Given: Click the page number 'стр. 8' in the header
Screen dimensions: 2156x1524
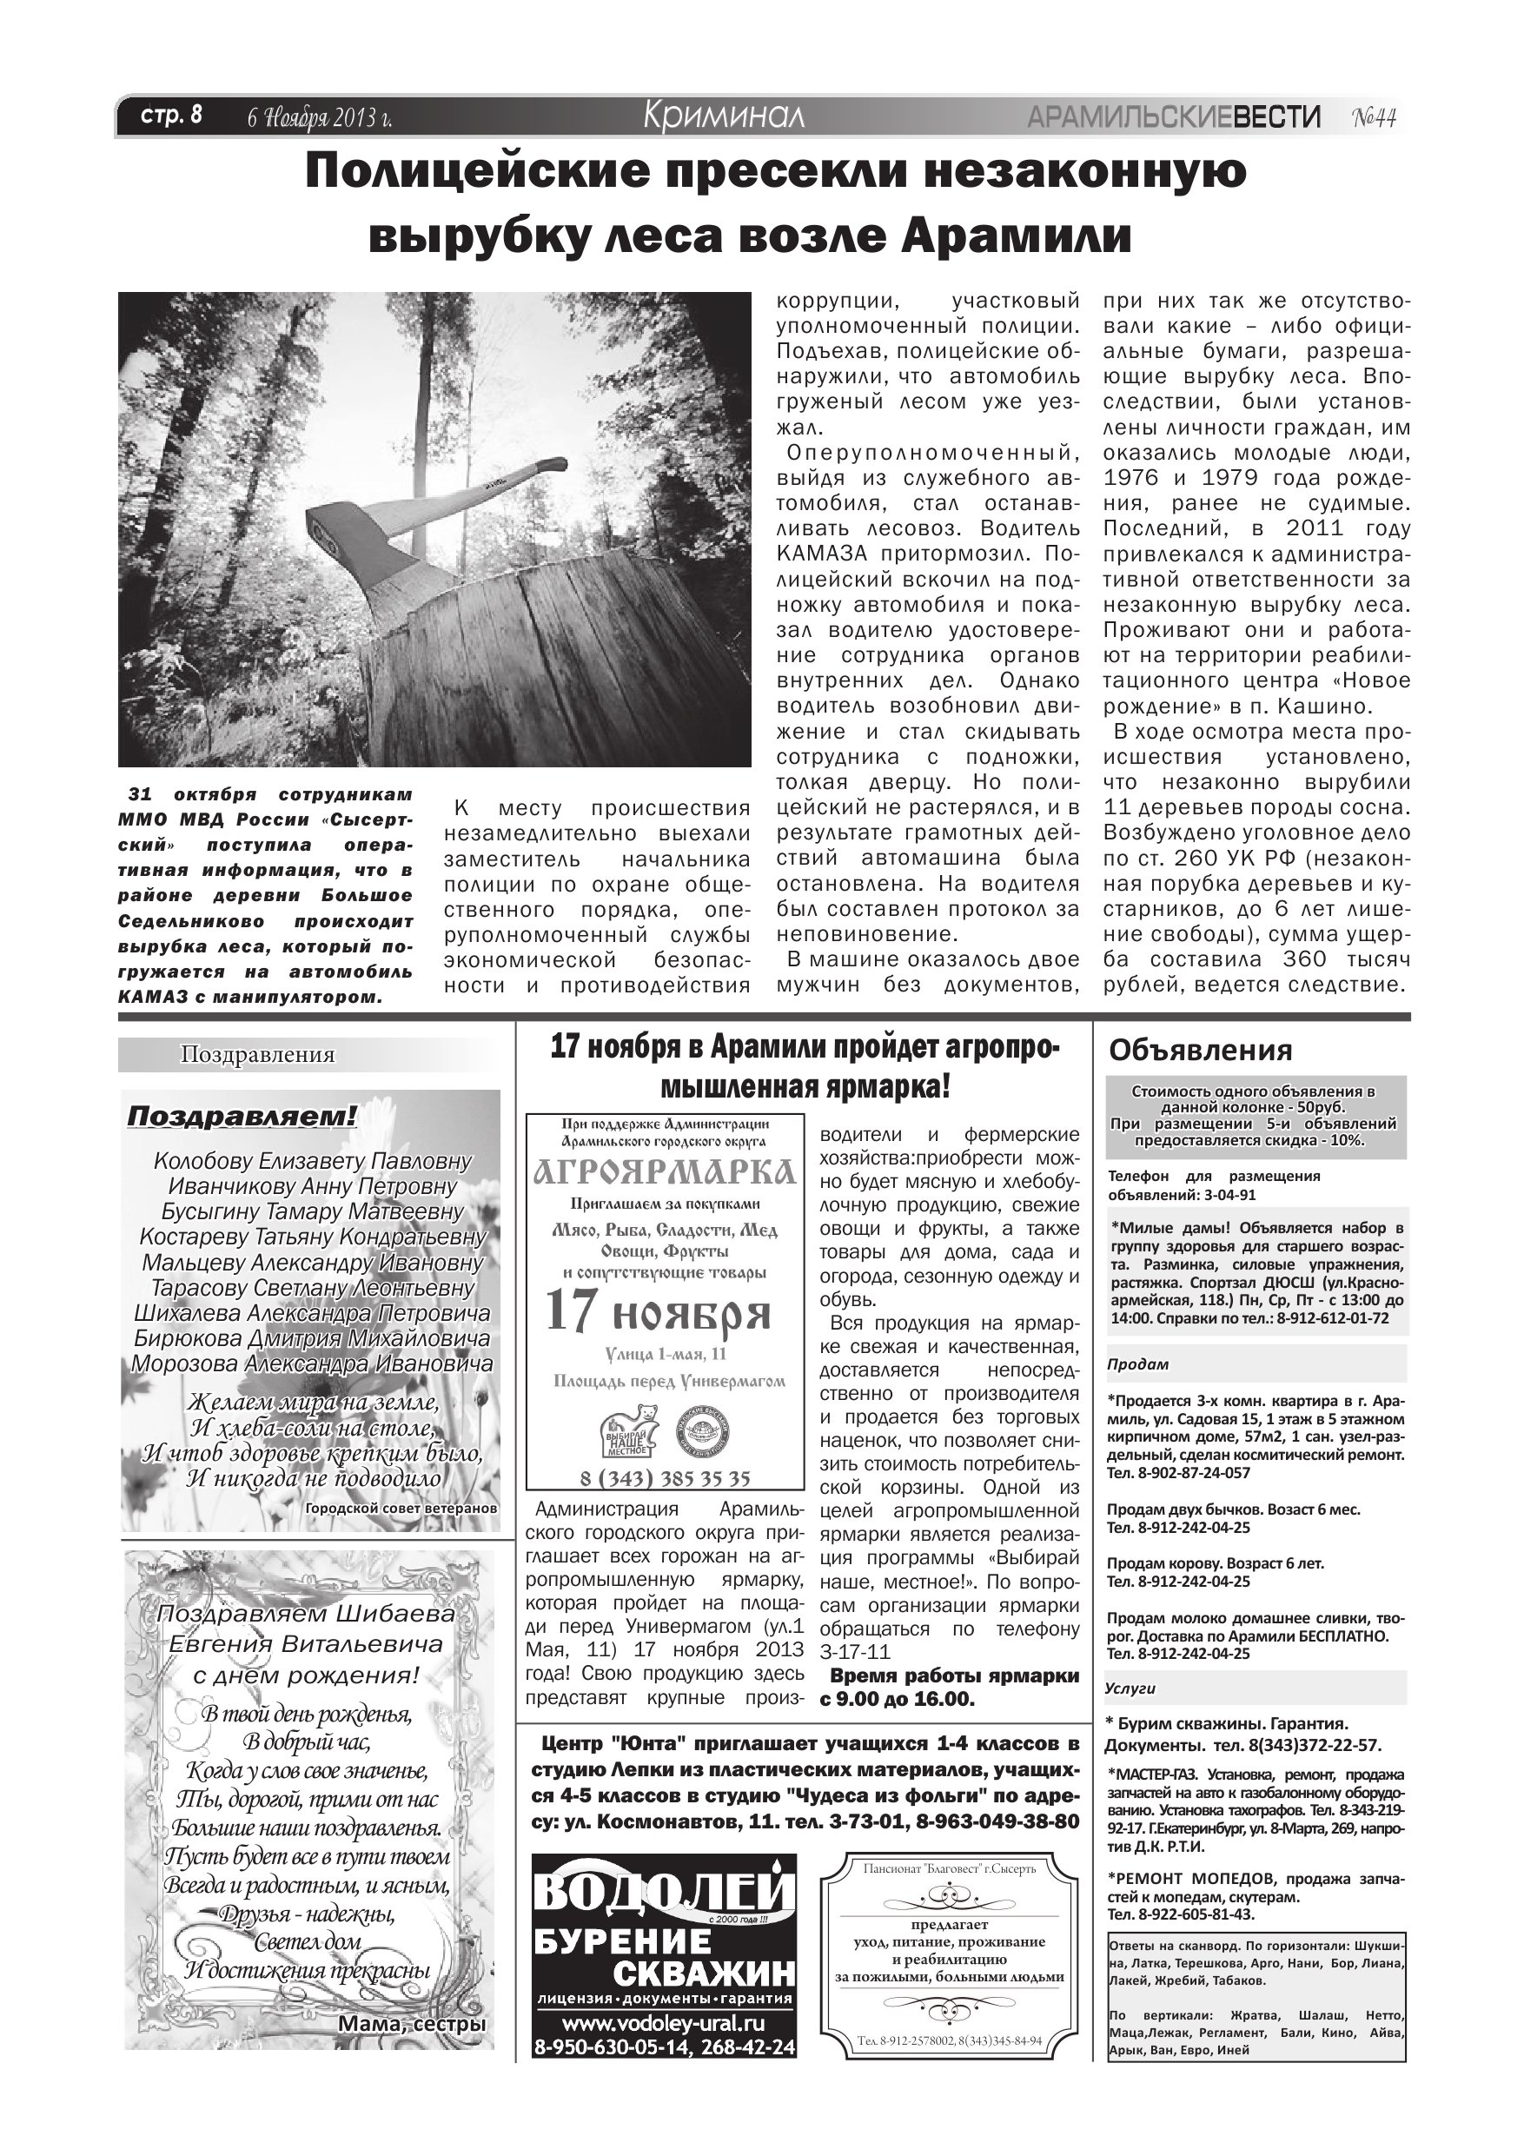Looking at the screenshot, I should pos(171,116).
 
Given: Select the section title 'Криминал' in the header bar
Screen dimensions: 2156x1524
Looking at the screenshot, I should pos(723,116).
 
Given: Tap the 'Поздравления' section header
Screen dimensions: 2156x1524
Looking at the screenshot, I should pos(257,1054).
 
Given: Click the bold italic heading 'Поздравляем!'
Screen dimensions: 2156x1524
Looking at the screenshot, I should pos(242,1117).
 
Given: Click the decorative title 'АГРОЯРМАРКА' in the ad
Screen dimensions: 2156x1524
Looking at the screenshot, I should pos(664,1173).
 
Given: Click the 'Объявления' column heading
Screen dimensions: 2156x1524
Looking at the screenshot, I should pos(1200,1050).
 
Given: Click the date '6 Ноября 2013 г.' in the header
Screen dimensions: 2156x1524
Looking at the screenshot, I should pos(319,118).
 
